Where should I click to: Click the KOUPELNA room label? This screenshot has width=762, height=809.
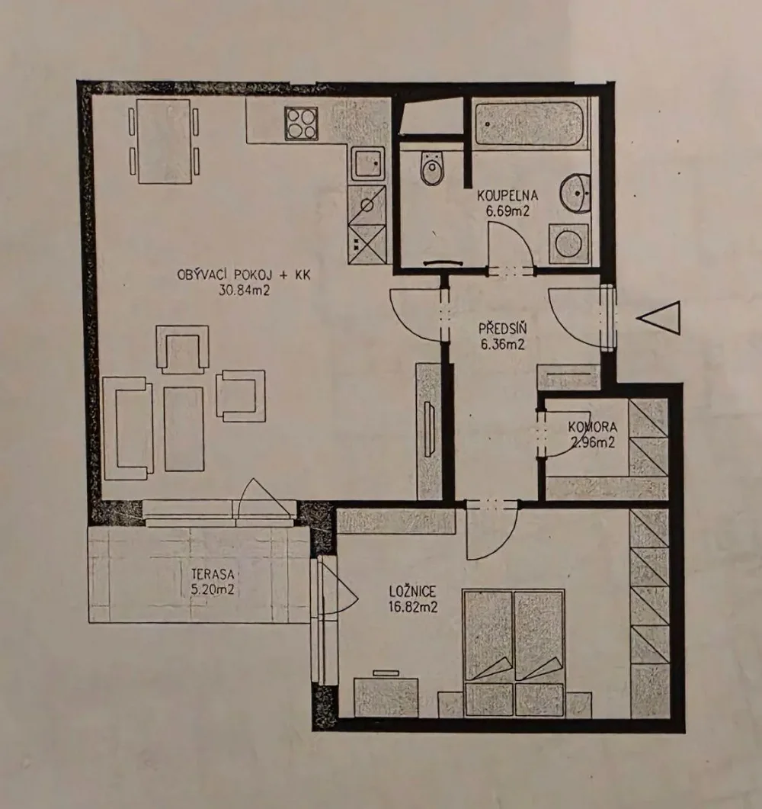tap(507, 196)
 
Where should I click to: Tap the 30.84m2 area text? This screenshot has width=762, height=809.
tap(245, 291)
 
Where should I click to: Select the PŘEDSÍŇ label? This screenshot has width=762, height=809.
tap(502, 329)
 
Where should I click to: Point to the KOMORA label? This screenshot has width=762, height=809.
tap(592, 427)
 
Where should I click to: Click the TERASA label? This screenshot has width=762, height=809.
tap(213, 573)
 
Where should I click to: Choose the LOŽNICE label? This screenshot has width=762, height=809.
tap(412, 591)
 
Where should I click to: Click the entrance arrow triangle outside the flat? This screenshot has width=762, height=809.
tap(660, 318)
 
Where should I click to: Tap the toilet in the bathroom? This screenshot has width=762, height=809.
tap(432, 168)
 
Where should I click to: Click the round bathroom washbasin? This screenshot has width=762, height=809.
tap(576, 193)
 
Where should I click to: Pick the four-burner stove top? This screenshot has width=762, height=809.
tap(301, 124)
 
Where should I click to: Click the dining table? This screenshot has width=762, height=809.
tap(164, 141)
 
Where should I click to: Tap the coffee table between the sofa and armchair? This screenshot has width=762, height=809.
tap(184, 429)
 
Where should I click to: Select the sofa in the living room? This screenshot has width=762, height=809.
tap(128, 429)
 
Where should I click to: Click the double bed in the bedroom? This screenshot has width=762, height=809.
tap(514, 653)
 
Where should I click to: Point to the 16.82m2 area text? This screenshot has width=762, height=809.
tap(413, 607)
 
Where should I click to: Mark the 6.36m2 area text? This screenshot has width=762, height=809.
tap(503, 344)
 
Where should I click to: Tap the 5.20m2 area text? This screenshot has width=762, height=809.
tap(213, 589)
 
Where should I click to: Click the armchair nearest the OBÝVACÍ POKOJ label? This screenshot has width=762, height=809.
tap(183, 349)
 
